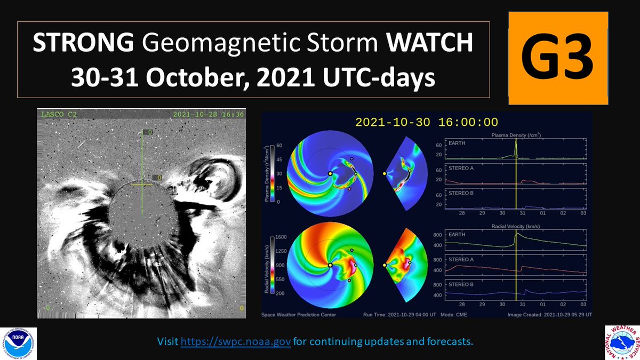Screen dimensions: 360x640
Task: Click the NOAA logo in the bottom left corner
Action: point(19,341)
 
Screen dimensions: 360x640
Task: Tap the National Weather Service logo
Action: point(621,341)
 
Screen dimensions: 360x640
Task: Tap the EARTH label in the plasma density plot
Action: point(457,144)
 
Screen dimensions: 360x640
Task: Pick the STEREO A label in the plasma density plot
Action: point(461,168)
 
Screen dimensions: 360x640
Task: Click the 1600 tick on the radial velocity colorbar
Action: point(282,237)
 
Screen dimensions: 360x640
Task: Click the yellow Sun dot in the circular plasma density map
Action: point(330,174)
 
